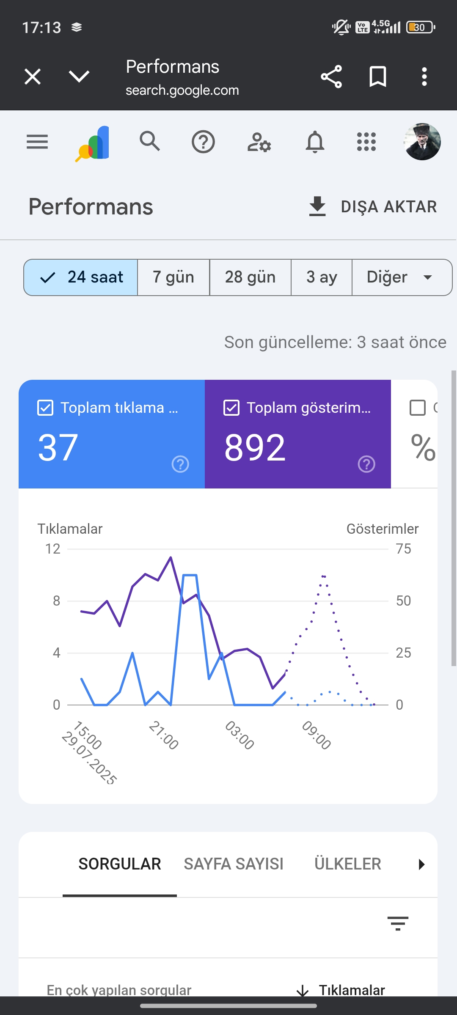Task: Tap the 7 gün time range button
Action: pos(173,277)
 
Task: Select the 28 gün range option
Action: pos(250,277)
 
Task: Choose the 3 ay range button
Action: pos(322,277)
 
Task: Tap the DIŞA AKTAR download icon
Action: pos(317,206)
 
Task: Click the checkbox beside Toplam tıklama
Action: pos(45,408)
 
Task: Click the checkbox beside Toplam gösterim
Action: pos(231,408)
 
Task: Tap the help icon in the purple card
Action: pos(366,464)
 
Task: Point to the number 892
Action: pos(255,447)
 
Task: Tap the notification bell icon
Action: pos(315,142)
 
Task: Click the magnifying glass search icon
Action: pos(150,141)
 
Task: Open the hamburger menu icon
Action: pos(37,142)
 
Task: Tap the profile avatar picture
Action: pos(422,142)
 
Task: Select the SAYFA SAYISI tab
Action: pos(234,864)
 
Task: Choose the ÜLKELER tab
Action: pos(348,864)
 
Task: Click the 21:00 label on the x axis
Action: pos(163,735)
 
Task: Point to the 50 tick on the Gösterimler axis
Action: pos(403,601)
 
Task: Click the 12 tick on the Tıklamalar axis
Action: pos(53,549)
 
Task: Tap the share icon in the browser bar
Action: pos(331,77)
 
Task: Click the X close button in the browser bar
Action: pos(33,77)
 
